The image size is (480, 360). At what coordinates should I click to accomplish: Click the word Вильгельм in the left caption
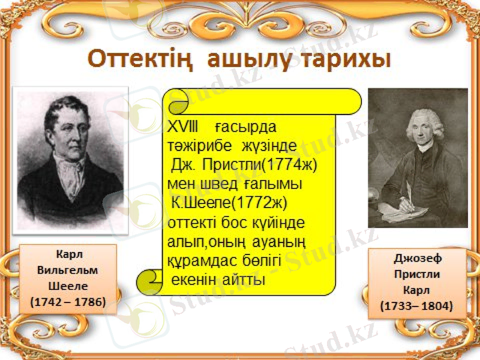point(68,270)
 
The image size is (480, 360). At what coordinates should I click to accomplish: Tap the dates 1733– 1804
point(418,306)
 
